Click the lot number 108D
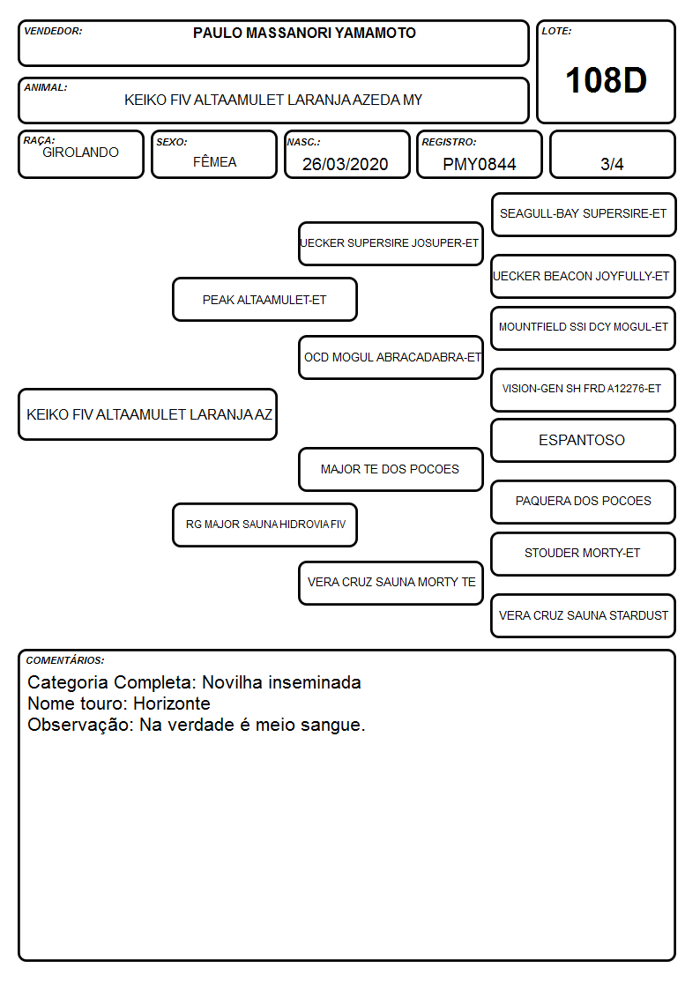click(606, 80)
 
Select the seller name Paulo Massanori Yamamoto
click(304, 33)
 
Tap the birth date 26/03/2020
click(346, 164)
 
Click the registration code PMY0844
click(479, 164)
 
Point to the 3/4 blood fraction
click(612, 164)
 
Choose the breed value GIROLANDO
click(80, 153)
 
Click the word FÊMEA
click(214, 161)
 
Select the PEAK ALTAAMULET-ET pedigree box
click(264, 299)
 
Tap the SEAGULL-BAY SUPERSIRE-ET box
click(584, 215)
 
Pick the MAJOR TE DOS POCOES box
click(391, 469)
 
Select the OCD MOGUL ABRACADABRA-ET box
click(391, 357)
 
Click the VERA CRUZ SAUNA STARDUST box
click(584, 615)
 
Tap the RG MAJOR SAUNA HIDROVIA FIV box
click(264, 525)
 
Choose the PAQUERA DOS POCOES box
click(584, 502)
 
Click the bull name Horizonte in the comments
click(172, 703)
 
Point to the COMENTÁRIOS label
click(65, 660)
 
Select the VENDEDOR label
click(53, 31)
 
